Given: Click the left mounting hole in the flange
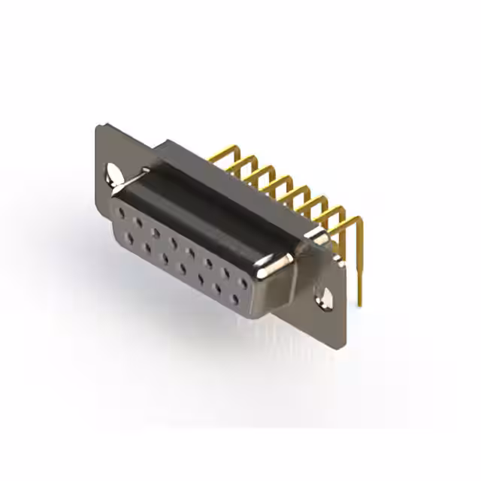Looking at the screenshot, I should click(113, 174).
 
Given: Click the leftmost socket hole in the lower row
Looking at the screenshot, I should click(130, 237).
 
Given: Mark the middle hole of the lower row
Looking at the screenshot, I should click(183, 268).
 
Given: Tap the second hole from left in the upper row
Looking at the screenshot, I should click(138, 222).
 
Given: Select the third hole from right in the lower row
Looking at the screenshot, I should click(201, 279).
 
